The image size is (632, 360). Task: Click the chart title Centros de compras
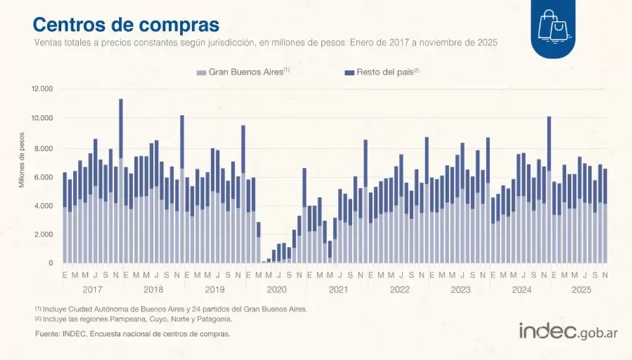pos(126,24)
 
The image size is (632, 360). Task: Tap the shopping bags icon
pos(552,26)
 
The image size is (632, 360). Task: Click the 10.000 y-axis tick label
pos(41,118)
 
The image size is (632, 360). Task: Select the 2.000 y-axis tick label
pos(43,234)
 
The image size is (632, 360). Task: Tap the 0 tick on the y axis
pos(51,263)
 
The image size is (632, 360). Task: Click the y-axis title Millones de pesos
pos(22,162)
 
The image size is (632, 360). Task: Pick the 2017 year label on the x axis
pos(93,289)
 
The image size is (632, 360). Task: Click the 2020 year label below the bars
pos(277,289)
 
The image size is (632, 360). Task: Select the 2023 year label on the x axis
pos(460,289)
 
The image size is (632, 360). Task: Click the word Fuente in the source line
pos(46,334)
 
